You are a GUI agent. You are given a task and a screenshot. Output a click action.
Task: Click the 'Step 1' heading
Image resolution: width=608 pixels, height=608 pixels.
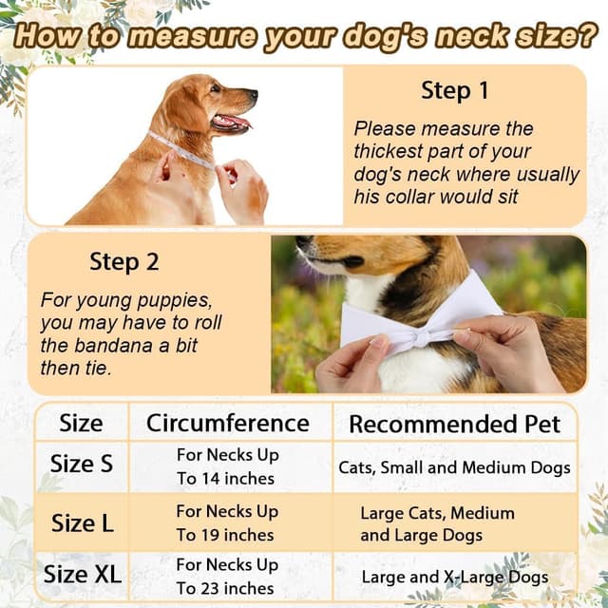[x=454, y=91]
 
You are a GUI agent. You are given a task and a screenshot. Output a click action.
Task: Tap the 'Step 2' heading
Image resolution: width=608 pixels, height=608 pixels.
[x=123, y=261]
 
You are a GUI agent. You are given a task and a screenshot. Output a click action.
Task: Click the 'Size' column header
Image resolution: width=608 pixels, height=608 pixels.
[x=81, y=423]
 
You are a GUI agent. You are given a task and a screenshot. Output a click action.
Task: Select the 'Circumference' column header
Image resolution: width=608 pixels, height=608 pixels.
[x=228, y=423]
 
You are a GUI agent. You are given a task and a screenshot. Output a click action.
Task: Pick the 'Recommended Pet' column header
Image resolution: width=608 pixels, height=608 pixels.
[x=455, y=424]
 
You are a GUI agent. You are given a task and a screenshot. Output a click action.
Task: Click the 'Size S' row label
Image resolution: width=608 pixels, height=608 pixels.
[x=81, y=465]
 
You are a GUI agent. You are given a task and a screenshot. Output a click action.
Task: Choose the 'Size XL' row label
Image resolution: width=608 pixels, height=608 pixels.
[x=83, y=575]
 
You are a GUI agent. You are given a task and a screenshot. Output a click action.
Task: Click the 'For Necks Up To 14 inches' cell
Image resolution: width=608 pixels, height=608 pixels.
[x=227, y=466]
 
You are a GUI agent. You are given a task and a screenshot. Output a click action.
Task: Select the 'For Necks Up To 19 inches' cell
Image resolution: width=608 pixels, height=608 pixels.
[x=227, y=522]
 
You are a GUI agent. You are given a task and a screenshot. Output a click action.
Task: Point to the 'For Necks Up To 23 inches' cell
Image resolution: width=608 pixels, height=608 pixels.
[x=227, y=576]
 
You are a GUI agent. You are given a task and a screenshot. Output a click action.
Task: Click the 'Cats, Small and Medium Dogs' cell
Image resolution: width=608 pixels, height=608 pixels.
[x=454, y=467]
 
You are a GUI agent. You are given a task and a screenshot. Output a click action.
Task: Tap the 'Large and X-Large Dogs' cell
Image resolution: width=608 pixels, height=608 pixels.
[x=454, y=577]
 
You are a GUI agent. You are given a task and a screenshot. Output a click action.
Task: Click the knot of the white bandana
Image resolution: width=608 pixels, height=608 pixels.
[x=418, y=336]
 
